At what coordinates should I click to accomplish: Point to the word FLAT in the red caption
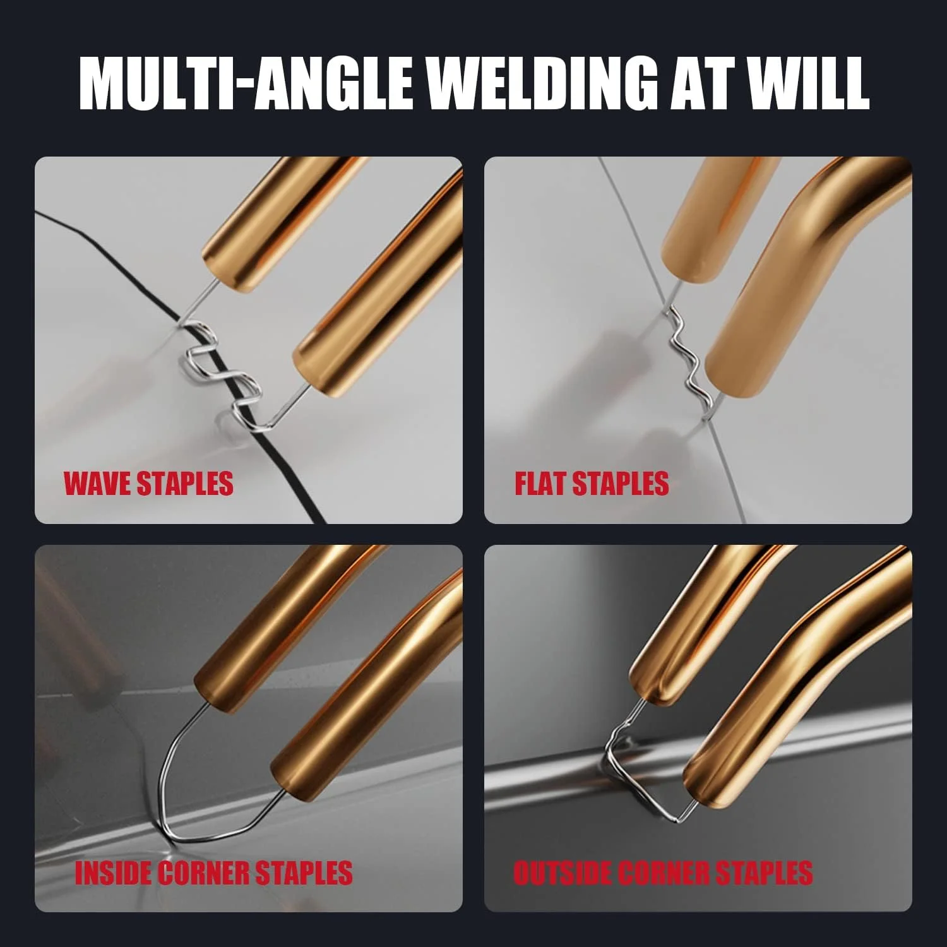[x=540, y=484]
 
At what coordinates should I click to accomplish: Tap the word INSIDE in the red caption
[x=112, y=873]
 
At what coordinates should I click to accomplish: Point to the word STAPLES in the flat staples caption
[x=621, y=484]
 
